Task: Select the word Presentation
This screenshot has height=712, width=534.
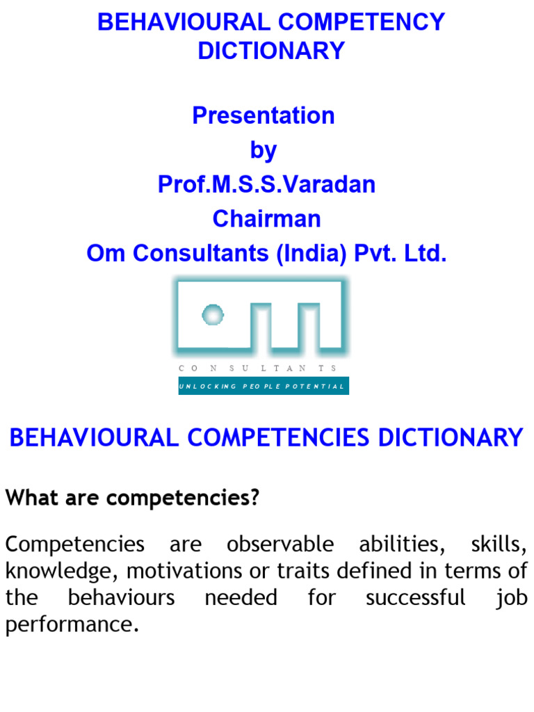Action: point(264,115)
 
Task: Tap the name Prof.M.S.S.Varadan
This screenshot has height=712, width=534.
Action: point(266,184)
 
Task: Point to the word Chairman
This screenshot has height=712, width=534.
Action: point(266,219)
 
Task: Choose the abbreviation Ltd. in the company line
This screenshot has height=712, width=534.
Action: point(425,254)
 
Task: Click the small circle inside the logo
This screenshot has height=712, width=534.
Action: point(212,315)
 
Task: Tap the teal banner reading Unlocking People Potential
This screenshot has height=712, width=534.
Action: point(264,386)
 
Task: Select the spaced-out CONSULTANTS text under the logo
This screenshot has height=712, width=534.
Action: point(258,368)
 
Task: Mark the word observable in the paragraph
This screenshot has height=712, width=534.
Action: point(280,544)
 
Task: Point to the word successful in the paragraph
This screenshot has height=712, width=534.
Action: point(414,597)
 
